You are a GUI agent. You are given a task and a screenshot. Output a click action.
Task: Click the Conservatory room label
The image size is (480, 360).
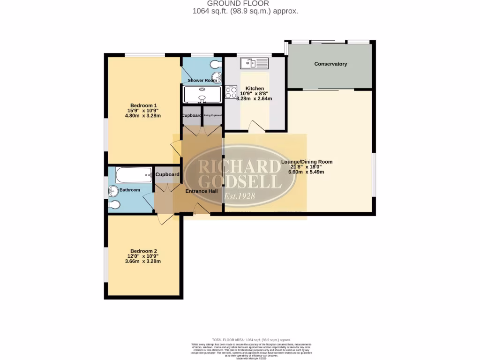330,64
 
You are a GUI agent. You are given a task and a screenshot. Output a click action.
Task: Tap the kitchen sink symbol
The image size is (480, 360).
254,63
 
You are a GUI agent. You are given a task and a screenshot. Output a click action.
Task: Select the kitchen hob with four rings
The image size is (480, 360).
231,92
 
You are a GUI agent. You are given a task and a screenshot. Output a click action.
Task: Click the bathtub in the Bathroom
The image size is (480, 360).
134,175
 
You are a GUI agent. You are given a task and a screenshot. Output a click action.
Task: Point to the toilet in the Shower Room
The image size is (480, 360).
216,64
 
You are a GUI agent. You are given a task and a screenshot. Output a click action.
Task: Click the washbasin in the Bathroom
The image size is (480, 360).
113,190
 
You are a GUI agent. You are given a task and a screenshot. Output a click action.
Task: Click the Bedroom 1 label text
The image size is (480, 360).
143,105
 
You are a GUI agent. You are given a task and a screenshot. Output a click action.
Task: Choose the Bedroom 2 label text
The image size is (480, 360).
143,250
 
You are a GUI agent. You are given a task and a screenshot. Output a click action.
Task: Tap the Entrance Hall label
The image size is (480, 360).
202,191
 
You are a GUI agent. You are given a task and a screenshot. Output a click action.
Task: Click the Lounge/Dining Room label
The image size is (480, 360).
307,162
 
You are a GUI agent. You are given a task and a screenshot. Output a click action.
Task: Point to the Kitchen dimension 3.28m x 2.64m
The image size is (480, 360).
253,99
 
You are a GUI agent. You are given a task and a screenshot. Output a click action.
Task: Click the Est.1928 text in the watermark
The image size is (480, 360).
240,196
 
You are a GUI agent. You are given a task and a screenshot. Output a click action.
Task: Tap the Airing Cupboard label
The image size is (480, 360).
212,115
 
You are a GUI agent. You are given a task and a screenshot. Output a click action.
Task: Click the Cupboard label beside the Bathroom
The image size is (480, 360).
167,175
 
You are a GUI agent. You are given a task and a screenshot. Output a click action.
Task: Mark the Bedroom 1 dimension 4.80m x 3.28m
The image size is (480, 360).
143,116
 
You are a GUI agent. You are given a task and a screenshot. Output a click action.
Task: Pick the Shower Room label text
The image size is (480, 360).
202,81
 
